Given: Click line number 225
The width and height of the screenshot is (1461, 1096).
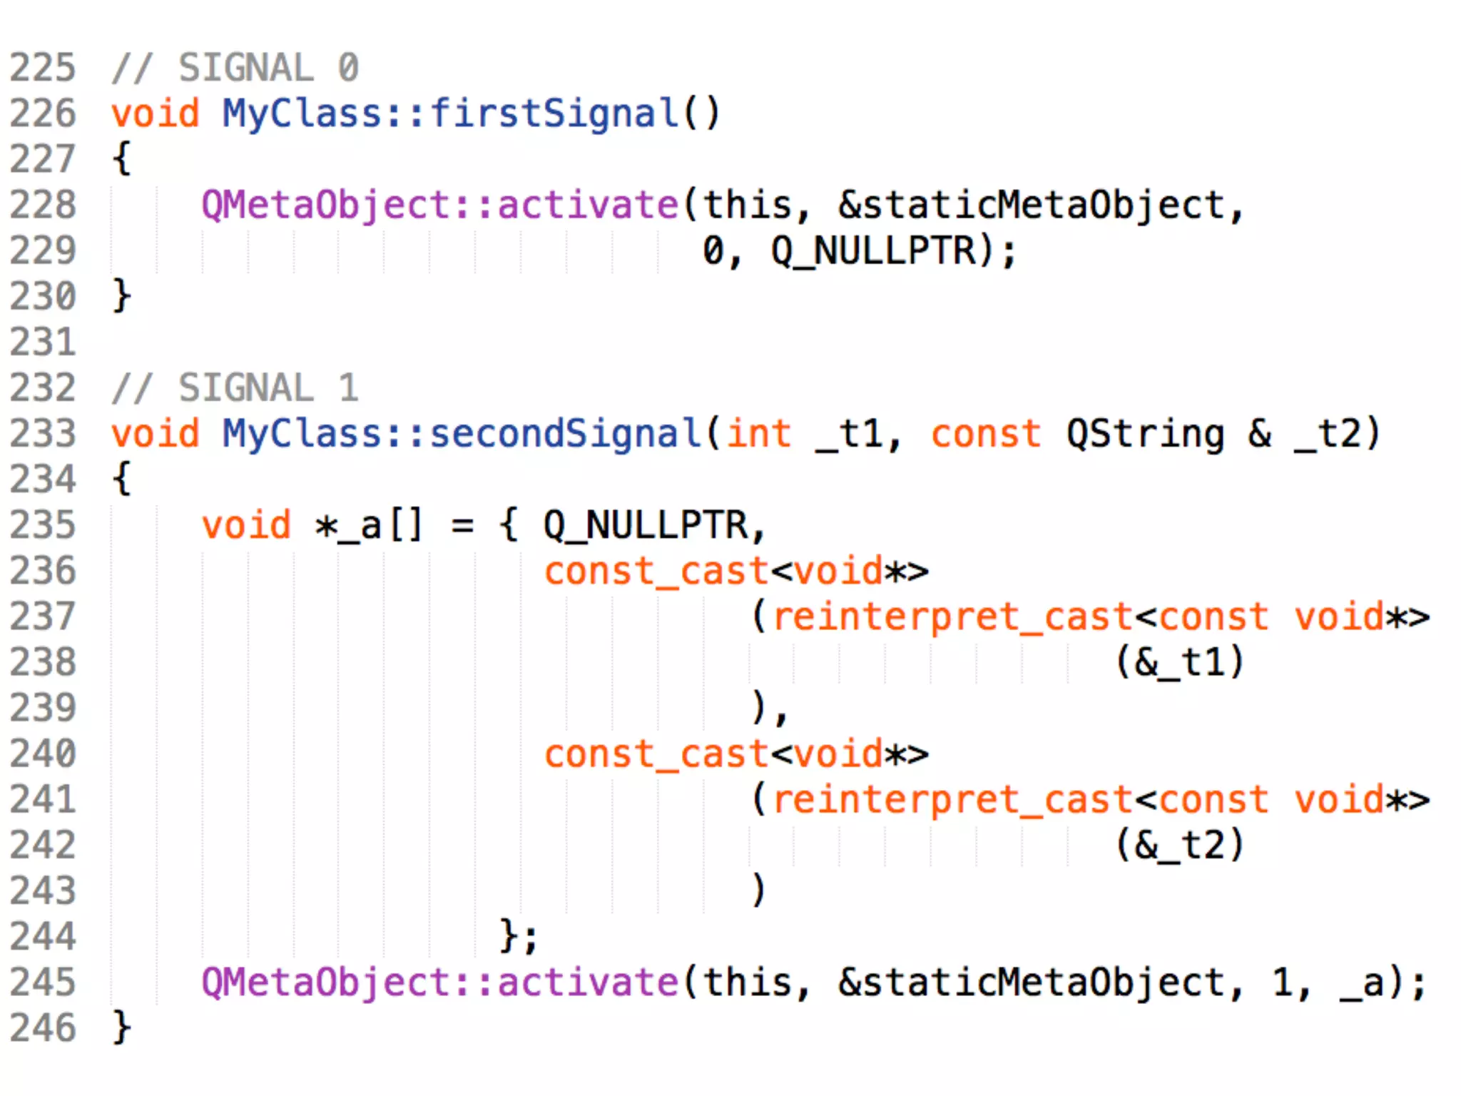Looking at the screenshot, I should coord(42,68).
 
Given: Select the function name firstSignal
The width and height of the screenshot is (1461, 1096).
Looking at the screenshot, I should coord(554,114).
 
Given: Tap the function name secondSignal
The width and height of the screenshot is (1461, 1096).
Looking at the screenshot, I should coord(565,434).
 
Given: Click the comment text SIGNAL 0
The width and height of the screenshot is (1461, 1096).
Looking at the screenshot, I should coord(268,68).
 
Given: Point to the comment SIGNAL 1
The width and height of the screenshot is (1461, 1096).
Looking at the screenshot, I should coord(268,388).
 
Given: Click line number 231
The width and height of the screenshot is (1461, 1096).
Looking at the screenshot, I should coord(42,342).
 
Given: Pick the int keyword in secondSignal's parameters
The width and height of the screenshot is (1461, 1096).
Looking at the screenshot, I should coord(758,434).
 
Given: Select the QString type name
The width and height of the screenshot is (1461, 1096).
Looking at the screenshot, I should coord(1144,434).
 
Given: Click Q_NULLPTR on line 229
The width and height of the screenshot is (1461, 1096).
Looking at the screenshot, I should coord(873,251).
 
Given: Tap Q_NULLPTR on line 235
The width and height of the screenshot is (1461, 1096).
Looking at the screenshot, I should coord(645,525).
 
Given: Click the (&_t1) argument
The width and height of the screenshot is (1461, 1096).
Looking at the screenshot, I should coord(1180,662).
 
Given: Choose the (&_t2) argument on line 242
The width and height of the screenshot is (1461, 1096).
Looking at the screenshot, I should coord(1180,845).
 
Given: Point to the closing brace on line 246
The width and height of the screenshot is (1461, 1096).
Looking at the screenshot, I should coord(122,1027).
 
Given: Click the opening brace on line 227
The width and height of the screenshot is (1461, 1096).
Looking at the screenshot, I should coord(122,158).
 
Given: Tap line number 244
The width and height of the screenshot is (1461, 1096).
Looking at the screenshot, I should coord(42,936).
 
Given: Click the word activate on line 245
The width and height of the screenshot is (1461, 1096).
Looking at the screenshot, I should coord(586,983).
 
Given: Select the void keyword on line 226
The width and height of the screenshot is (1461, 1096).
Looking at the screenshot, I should coord(155,114).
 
